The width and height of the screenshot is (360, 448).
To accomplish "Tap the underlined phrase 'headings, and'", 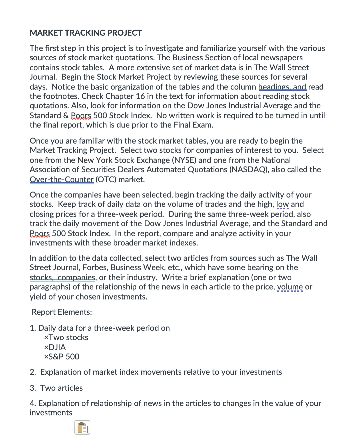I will [x=282, y=87].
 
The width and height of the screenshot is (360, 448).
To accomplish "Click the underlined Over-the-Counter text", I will [x=62, y=180].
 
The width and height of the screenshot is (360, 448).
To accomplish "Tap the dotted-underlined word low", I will [x=282, y=204].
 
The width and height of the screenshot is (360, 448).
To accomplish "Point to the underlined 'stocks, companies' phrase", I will [x=62, y=277].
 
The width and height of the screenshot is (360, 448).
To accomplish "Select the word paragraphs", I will [x=50, y=287].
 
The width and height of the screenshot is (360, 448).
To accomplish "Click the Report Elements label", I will [x=62, y=312].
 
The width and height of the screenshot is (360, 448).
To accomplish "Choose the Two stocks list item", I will [x=66, y=337].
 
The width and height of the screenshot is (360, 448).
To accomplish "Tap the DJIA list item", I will [x=55, y=347].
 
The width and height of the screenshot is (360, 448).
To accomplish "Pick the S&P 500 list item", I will [x=62, y=357].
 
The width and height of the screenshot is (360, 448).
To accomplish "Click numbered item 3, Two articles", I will [x=57, y=388].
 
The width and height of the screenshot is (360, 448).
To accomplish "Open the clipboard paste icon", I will [x=82, y=427].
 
